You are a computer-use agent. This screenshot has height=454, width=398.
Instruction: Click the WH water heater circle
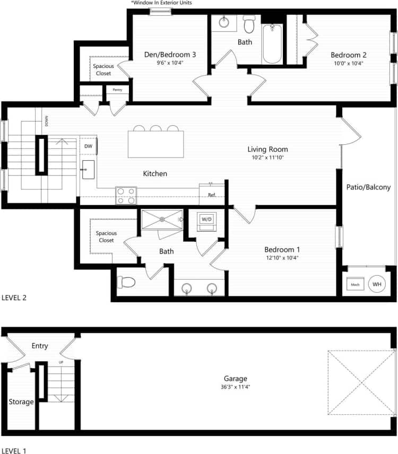(x=377, y=284)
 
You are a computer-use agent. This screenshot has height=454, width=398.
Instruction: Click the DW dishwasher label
(x=88, y=146)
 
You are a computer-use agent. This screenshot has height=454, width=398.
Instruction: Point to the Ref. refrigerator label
(x=211, y=194)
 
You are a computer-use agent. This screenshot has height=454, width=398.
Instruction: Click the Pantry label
(x=117, y=90)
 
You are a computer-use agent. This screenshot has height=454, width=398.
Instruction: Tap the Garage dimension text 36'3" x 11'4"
(x=235, y=387)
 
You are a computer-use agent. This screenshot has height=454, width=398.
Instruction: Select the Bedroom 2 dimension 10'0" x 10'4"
(x=348, y=63)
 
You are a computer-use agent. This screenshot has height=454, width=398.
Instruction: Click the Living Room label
(x=267, y=149)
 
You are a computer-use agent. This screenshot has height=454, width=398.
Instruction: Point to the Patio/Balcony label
(x=368, y=187)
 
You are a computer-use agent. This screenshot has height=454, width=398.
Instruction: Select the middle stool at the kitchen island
(x=156, y=128)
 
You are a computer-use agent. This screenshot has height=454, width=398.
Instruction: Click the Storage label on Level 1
(x=21, y=401)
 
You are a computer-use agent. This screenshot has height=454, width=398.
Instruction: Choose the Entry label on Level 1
(x=40, y=346)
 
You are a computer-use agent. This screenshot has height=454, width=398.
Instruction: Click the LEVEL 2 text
(x=14, y=298)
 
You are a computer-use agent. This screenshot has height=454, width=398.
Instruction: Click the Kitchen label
(x=155, y=173)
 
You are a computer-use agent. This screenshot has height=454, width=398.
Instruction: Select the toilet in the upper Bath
(x=249, y=23)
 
